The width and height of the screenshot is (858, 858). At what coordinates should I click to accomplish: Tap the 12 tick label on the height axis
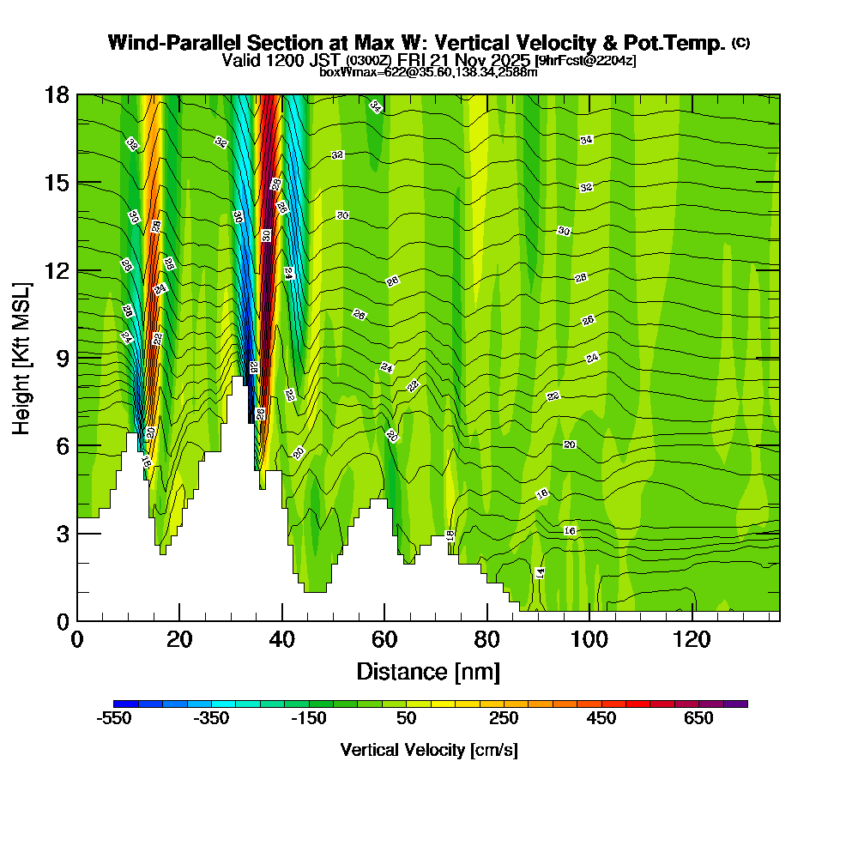[56, 270]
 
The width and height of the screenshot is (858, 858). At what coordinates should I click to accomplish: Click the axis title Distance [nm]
[428, 671]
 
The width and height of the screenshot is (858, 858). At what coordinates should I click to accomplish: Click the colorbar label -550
[114, 718]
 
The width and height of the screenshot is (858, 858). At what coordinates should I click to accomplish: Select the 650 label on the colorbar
[698, 718]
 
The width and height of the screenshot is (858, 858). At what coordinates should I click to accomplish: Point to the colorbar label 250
[504, 718]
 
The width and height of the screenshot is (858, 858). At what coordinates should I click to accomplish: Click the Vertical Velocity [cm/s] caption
[429, 750]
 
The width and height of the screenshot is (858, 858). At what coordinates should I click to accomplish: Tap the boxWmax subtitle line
[428, 72]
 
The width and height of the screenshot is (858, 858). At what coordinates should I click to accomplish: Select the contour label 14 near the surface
[540, 572]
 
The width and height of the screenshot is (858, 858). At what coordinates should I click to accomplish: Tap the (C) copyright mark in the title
[740, 43]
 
